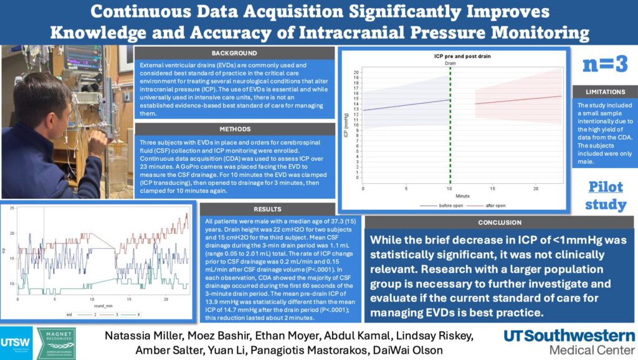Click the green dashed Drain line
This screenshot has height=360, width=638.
[450, 125]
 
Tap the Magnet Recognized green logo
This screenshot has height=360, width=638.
[56, 343]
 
